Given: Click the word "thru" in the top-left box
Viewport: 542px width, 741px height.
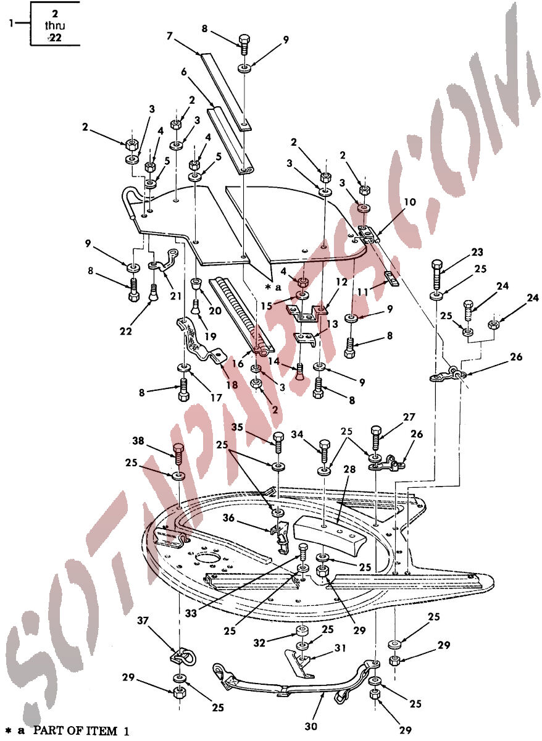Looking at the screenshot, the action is click(55, 25).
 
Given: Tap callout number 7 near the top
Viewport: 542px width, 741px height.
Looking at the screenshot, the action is click(170, 36).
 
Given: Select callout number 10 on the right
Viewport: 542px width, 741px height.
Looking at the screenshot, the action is click(410, 202).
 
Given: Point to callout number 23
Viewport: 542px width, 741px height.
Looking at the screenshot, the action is click(477, 253).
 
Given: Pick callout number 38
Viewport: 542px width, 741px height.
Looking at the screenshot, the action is click(138, 440).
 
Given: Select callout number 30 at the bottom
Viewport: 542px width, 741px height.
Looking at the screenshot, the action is click(311, 726).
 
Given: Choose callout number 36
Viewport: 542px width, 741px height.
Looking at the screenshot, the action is click(229, 517).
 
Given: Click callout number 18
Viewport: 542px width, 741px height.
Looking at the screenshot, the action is click(232, 384).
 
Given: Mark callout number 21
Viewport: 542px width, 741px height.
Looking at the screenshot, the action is click(176, 295).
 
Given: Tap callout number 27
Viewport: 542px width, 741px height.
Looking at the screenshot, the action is click(409, 417).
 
